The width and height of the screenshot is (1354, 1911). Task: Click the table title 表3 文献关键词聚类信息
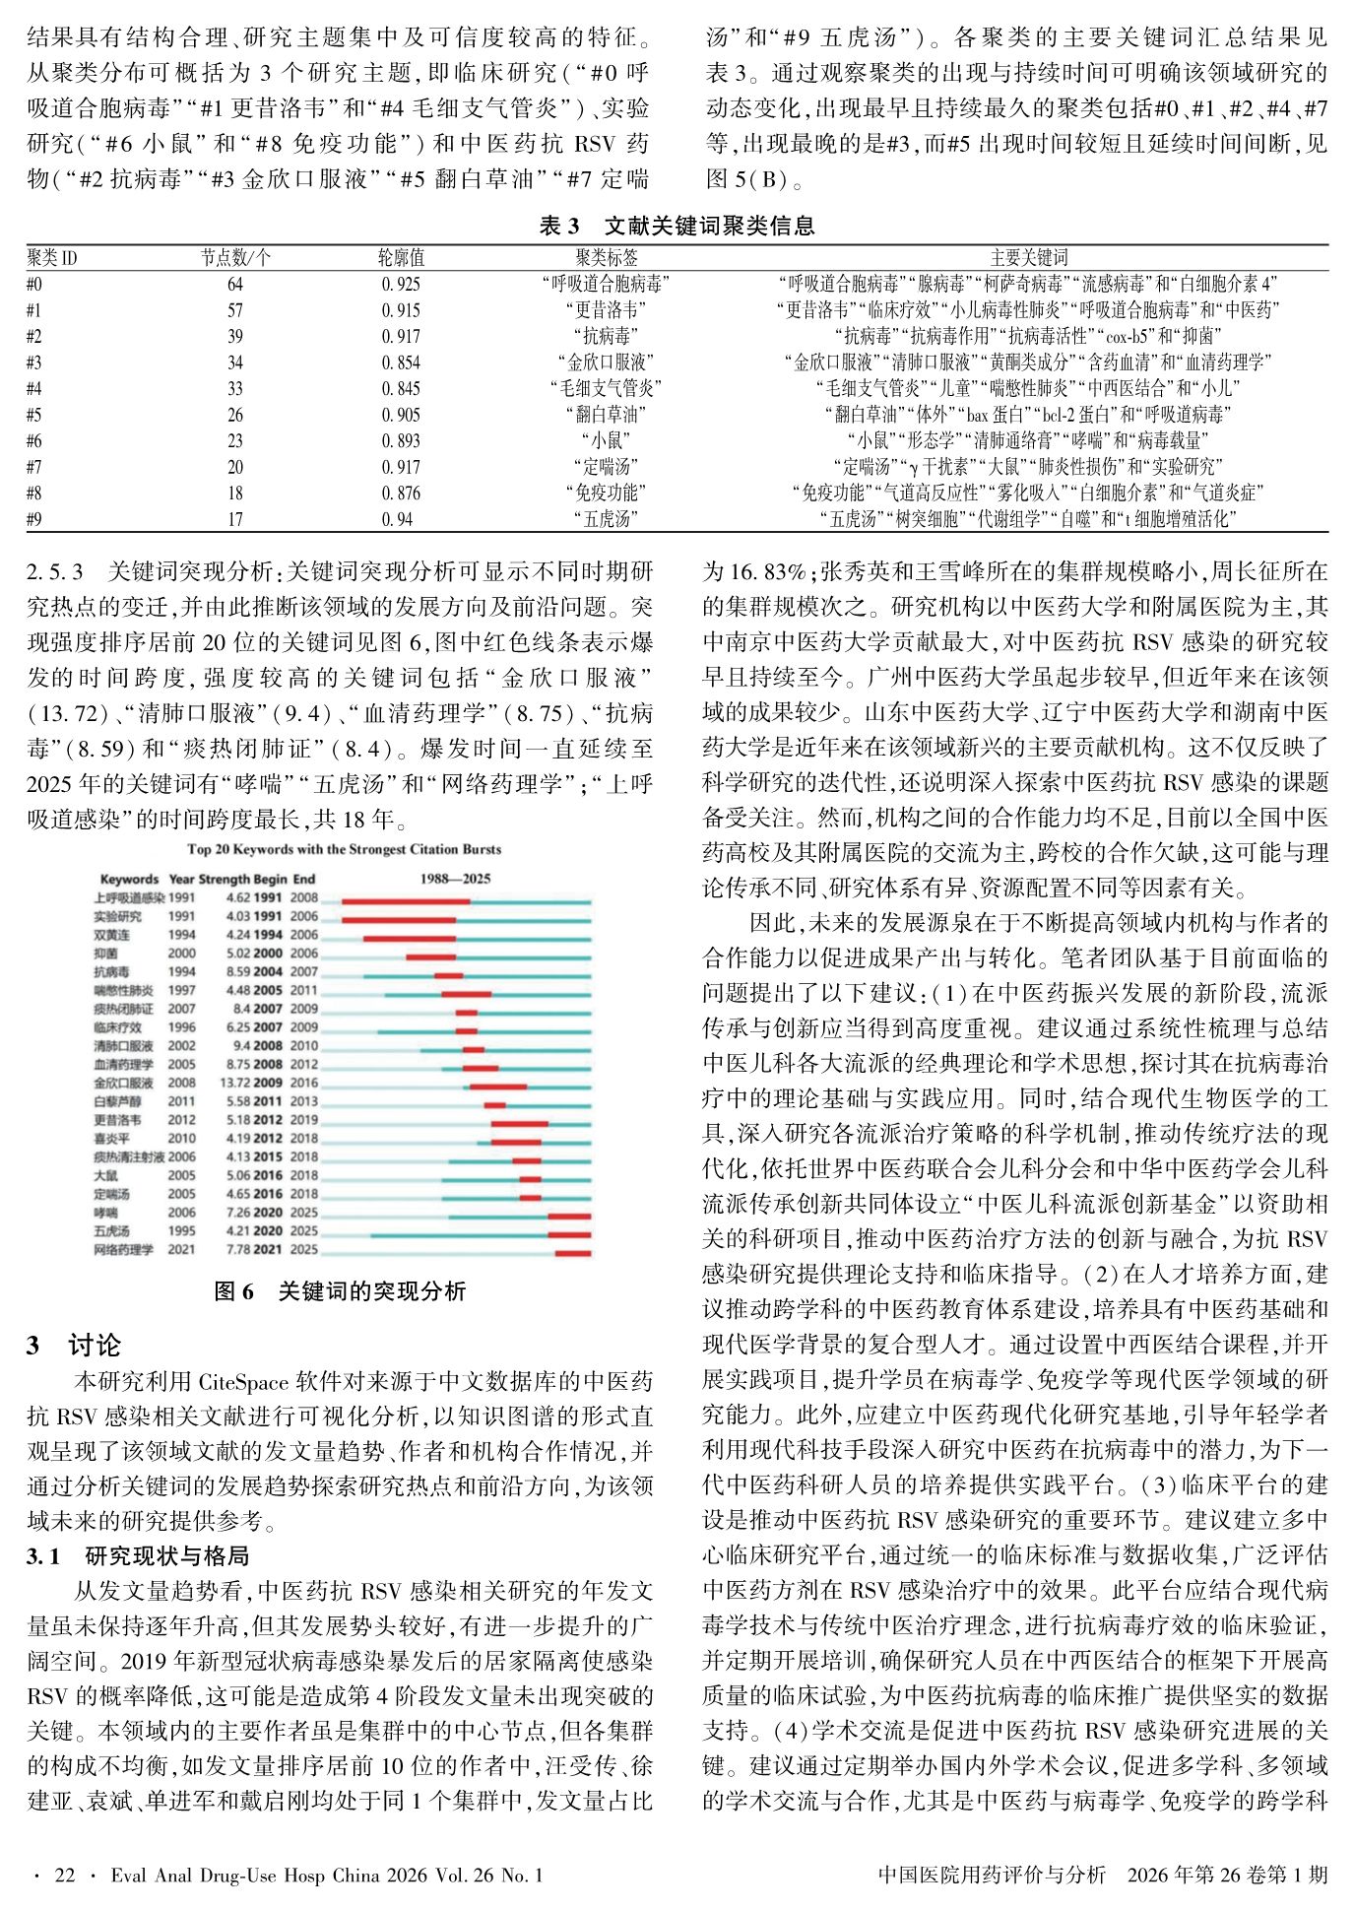pos(677,227)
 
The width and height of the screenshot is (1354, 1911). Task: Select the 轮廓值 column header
pos(401,258)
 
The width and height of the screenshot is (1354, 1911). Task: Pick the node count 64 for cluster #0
pos(234,285)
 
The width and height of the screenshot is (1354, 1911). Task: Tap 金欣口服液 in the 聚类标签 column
pos(606,362)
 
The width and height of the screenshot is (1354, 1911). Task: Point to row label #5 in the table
pos(34,415)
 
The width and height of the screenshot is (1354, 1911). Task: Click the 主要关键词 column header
pos(1028,258)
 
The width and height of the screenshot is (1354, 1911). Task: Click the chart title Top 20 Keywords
pos(344,849)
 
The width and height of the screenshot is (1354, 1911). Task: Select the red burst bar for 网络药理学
pos(573,1252)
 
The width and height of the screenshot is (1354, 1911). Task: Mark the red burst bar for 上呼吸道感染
pos(405,900)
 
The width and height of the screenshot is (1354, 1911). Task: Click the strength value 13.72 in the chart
pos(238,1083)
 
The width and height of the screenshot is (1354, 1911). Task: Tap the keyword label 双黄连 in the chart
pos(111,935)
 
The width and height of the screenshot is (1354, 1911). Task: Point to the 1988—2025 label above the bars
pos(455,879)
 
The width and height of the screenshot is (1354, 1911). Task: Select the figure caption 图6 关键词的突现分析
pos(340,1291)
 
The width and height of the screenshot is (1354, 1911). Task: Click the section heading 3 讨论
pos(74,1346)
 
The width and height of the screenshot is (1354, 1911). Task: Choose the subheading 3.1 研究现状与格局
pos(138,1556)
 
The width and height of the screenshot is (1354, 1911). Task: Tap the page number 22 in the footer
pos(65,1876)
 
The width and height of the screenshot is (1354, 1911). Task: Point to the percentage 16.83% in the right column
pos(751,571)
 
